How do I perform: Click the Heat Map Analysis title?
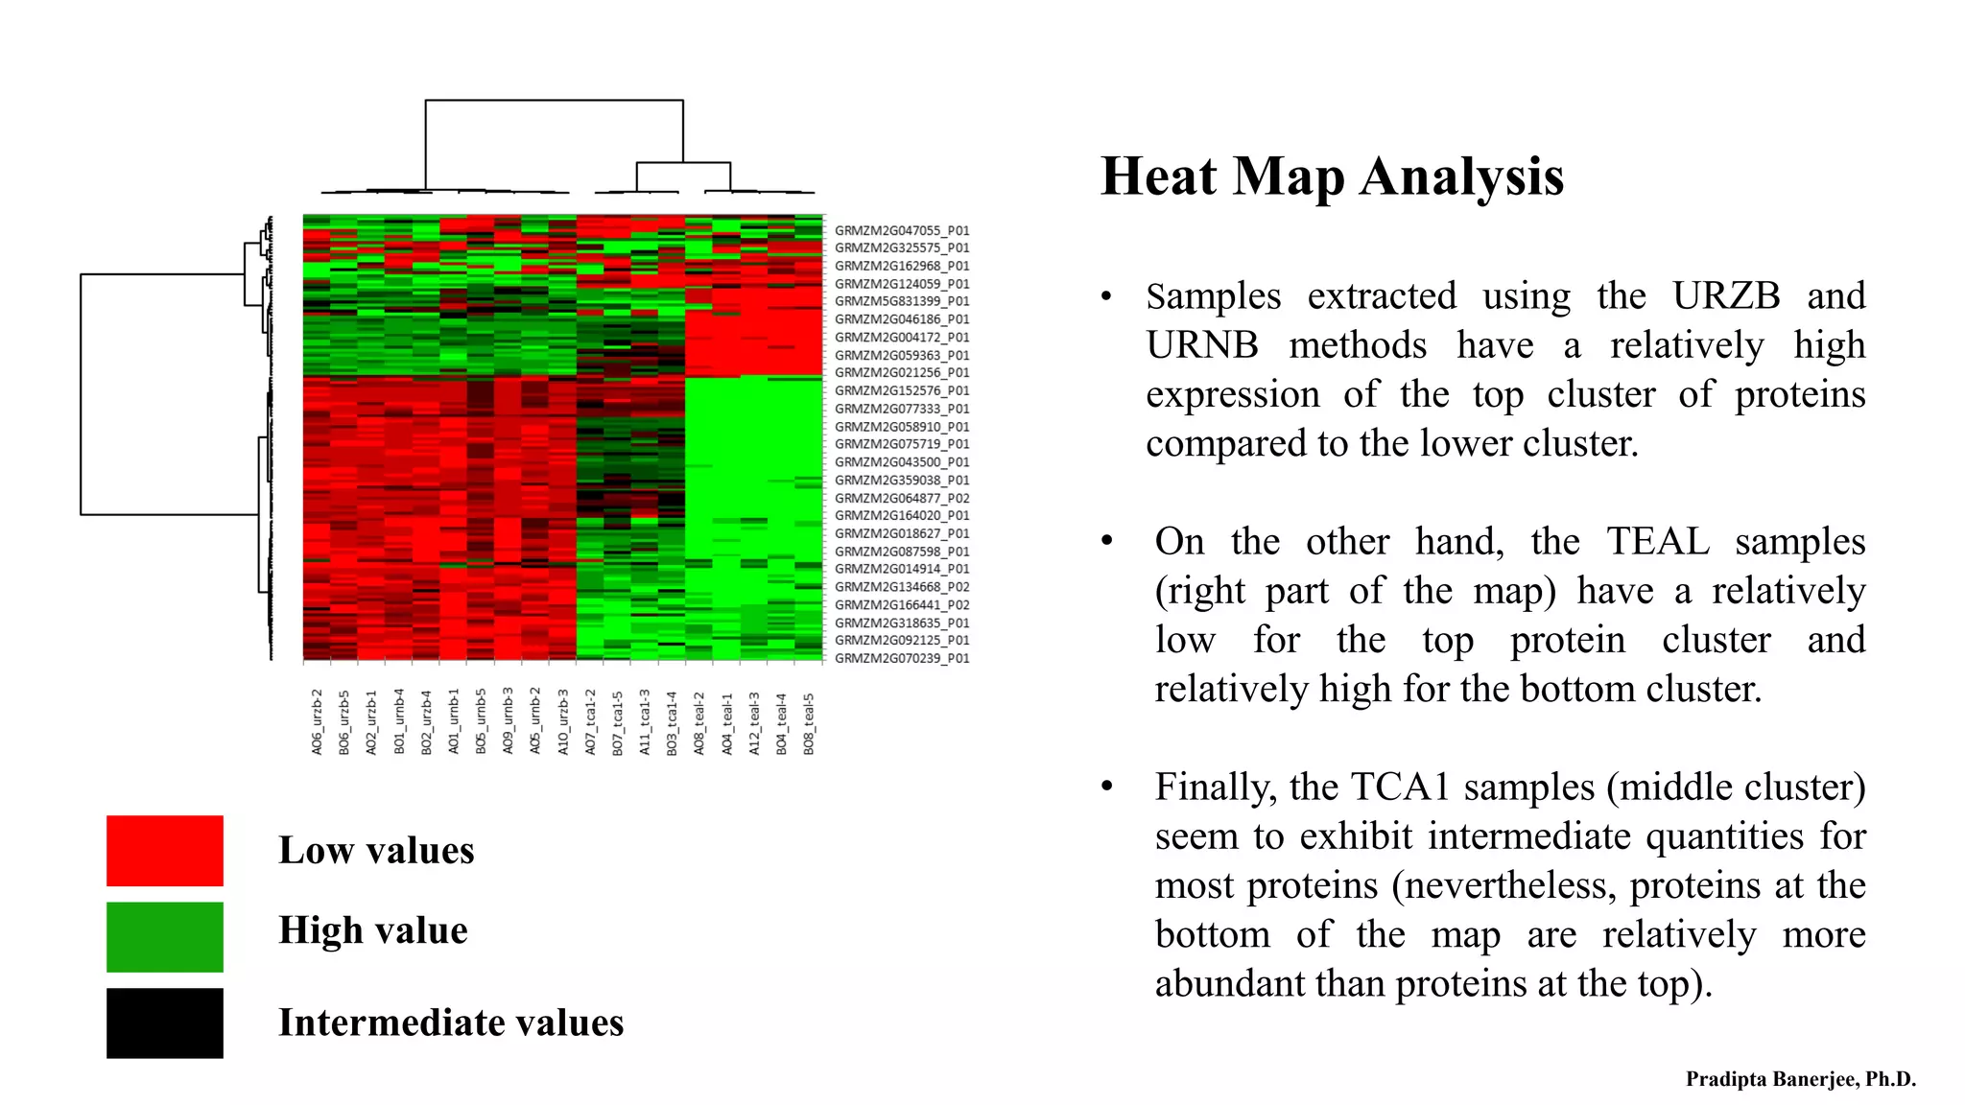click(x=1332, y=177)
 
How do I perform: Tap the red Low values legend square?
click(x=165, y=851)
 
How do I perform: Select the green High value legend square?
click(x=165, y=937)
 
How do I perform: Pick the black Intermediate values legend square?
click(x=165, y=1023)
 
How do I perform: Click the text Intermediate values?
click(x=451, y=1023)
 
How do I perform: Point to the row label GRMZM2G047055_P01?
click(x=902, y=230)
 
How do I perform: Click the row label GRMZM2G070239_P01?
click(x=902, y=658)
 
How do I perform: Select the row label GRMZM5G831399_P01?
click(x=902, y=301)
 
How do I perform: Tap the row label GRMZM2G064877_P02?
click(x=902, y=498)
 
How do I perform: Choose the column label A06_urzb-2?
click(x=317, y=721)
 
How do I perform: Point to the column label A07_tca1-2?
click(x=590, y=721)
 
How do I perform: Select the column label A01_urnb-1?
click(x=454, y=721)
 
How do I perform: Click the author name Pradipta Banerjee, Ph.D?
click(x=1801, y=1079)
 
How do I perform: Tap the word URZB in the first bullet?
click(x=1726, y=295)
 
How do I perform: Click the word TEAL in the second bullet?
click(x=1658, y=541)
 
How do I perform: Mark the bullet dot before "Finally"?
click(x=1107, y=787)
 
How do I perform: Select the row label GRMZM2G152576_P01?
click(x=902, y=390)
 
